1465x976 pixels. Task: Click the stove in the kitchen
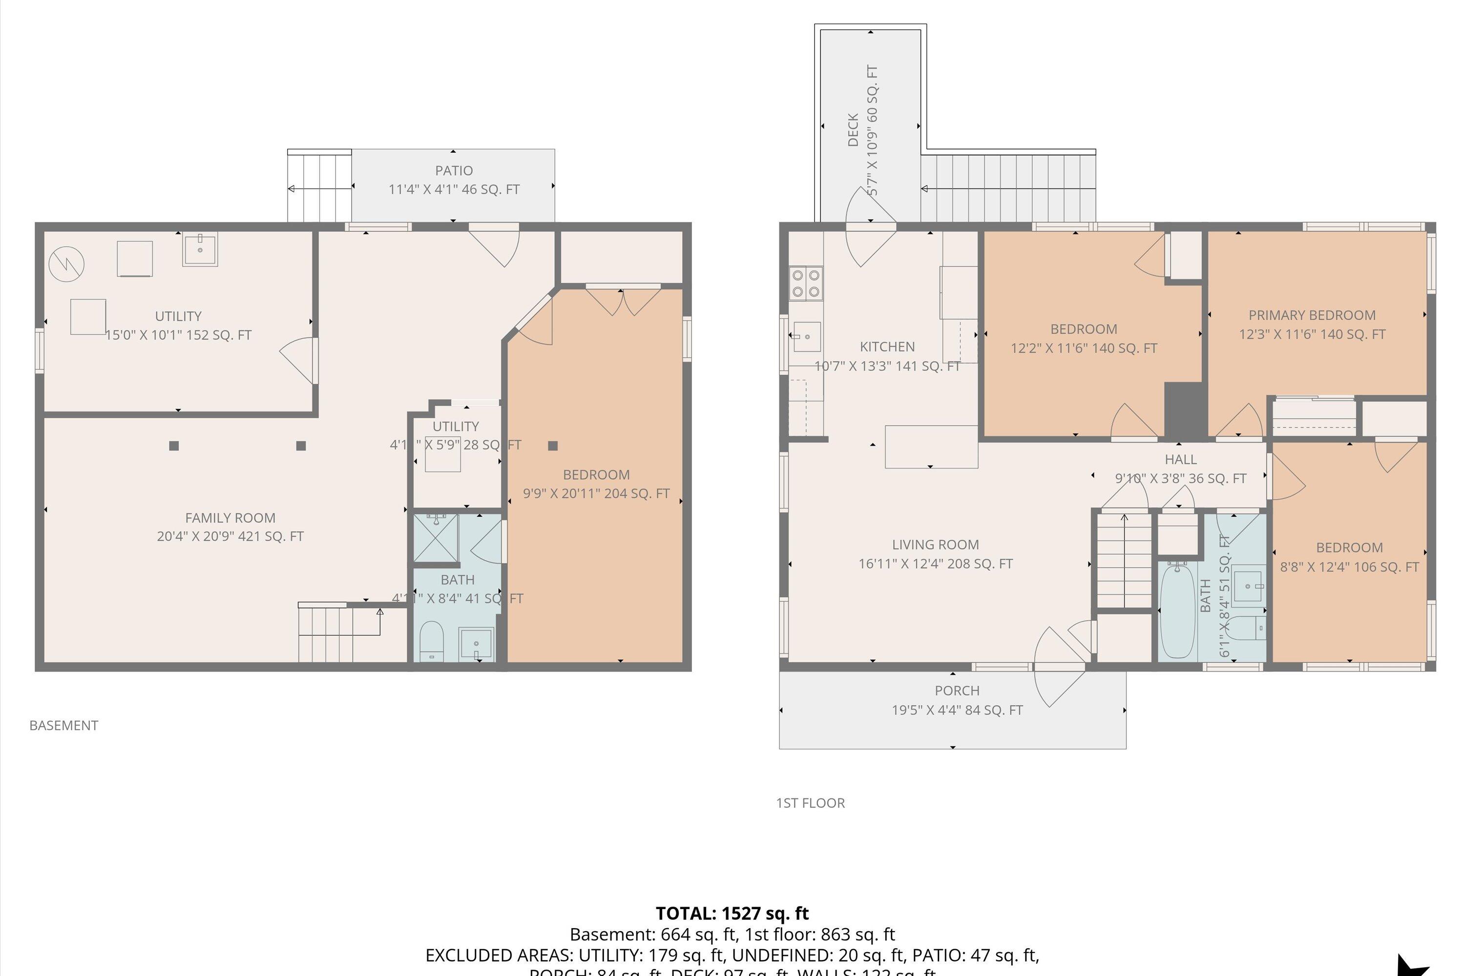(x=805, y=283)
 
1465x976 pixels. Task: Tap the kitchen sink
(x=806, y=337)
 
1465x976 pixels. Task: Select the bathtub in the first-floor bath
(x=1176, y=610)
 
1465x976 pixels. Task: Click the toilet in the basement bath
(x=431, y=641)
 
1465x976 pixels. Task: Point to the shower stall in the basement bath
(x=436, y=538)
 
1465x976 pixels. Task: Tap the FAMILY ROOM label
(x=230, y=518)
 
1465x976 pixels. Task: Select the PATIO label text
(x=454, y=170)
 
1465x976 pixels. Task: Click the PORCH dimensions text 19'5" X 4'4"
(x=957, y=710)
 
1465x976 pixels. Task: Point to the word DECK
(x=853, y=129)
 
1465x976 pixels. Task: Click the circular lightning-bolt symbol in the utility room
(x=66, y=264)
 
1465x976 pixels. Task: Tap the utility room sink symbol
(x=200, y=249)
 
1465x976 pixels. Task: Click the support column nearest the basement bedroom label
(x=552, y=446)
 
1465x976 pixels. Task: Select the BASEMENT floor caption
(x=63, y=726)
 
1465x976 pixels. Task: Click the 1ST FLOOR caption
(x=810, y=803)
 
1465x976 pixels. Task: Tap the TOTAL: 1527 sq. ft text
(x=732, y=914)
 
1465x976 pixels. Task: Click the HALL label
(x=1180, y=459)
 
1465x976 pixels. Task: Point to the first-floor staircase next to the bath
(x=1124, y=560)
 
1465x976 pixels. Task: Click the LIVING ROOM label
(x=935, y=545)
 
